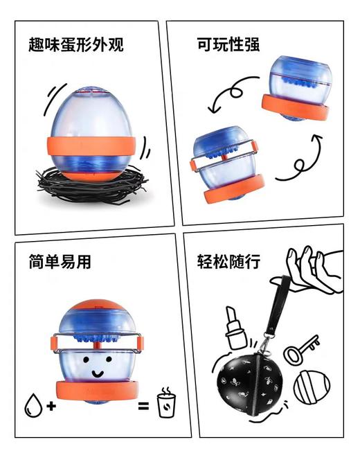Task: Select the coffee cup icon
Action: click(x=165, y=402)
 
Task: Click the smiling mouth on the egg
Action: click(x=96, y=373)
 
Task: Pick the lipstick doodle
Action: click(x=234, y=328)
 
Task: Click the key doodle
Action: click(x=302, y=348)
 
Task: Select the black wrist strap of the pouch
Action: click(x=275, y=312)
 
